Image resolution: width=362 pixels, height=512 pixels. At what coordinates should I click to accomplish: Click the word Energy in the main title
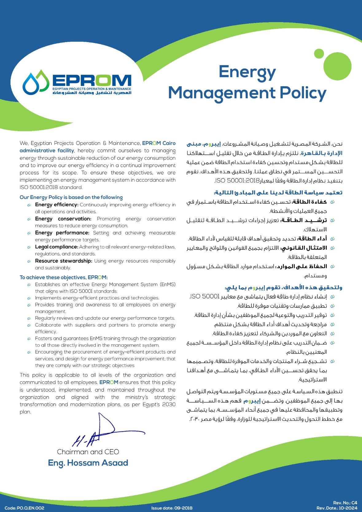click(247, 72)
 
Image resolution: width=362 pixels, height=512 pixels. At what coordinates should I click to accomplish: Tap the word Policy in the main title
click(302, 93)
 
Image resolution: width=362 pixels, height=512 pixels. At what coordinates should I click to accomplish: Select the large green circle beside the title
click(337, 66)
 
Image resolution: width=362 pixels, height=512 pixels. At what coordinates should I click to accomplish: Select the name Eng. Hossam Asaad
click(88, 463)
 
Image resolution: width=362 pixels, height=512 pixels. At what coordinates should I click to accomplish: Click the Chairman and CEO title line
click(88, 452)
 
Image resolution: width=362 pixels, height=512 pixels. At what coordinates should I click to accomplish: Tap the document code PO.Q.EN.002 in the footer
click(25, 508)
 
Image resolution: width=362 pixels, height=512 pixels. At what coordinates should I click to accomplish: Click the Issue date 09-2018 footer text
click(172, 508)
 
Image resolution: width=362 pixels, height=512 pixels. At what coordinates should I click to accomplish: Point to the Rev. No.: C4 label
click(345, 503)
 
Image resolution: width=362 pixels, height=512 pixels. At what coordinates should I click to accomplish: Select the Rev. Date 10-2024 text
click(337, 508)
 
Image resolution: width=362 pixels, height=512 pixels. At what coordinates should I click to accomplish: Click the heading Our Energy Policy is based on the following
click(71, 197)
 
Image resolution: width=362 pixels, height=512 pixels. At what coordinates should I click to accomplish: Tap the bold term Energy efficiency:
click(57, 205)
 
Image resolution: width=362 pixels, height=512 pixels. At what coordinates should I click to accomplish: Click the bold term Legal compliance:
click(56, 247)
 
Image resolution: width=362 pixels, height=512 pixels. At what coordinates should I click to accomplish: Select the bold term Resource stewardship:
click(64, 261)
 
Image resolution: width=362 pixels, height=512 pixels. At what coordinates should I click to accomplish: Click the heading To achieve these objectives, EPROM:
click(64, 277)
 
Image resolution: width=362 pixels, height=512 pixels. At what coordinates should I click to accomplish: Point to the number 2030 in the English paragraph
click(169, 405)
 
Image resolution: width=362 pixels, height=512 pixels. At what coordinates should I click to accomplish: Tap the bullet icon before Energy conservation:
click(29, 219)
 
